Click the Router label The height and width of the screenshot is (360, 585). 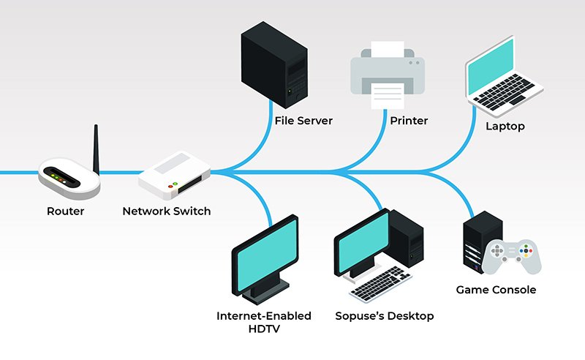click(x=65, y=211)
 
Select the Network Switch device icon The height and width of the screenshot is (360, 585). click(x=175, y=176)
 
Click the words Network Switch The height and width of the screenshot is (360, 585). click(x=166, y=211)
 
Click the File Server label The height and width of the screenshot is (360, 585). click(x=303, y=121)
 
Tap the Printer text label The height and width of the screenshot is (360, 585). click(x=409, y=121)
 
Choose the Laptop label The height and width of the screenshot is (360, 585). click(x=505, y=127)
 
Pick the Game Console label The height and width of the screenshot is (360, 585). click(x=496, y=290)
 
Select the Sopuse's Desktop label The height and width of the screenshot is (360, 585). click(x=384, y=316)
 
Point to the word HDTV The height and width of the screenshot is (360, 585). click(x=263, y=329)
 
